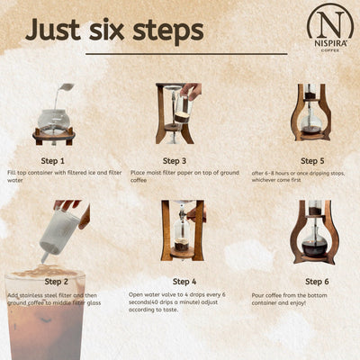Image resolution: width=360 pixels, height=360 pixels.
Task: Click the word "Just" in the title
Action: (x=56, y=29)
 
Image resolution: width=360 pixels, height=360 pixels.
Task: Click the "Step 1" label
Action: (x=52, y=158)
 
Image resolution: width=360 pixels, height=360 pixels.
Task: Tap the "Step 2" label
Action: (x=52, y=281)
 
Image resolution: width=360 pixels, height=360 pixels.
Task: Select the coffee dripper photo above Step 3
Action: (x=176, y=112)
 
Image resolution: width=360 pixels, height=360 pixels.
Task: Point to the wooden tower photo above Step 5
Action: (x=310, y=112)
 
